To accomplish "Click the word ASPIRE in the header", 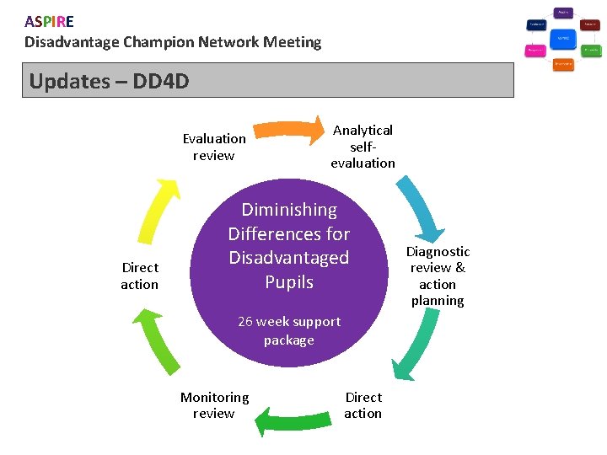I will click(x=49, y=22).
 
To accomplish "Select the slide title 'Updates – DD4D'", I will click(x=109, y=81).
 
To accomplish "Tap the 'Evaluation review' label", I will click(x=214, y=147).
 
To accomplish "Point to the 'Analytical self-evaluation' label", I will click(x=363, y=147).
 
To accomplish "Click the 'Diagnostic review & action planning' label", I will click(x=438, y=276).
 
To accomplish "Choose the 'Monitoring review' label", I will click(x=214, y=404).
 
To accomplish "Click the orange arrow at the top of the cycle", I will click(x=291, y=129).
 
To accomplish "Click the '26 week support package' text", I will click(x=289, y=330).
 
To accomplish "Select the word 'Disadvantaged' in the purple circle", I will click(x=288, y=258).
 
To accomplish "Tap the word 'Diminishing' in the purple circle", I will click(x=289, y=210).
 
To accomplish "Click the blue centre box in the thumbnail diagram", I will click(x=563, y=39).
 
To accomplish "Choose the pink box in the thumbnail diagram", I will click(x=535, y=51).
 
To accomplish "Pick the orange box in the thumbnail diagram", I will click(x=563, y=64).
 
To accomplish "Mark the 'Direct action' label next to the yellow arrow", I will click(x=139, y=276).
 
